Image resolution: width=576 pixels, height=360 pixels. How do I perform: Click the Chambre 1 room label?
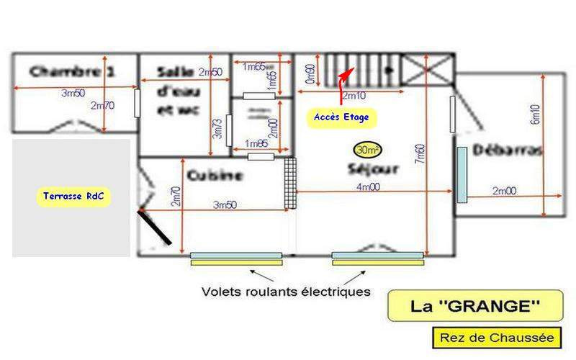coord(73,71)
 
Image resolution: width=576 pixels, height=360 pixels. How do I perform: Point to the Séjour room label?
coord(373,171)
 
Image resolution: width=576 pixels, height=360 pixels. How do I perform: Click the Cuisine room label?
coord(215,175)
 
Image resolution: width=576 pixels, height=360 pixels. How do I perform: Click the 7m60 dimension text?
coord(419,153)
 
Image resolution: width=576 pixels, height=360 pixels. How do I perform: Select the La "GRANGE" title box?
coord(474,305)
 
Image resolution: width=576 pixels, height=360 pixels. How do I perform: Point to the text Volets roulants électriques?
coord(286,292)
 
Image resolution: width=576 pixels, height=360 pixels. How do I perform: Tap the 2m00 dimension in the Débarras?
coord(504,190)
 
